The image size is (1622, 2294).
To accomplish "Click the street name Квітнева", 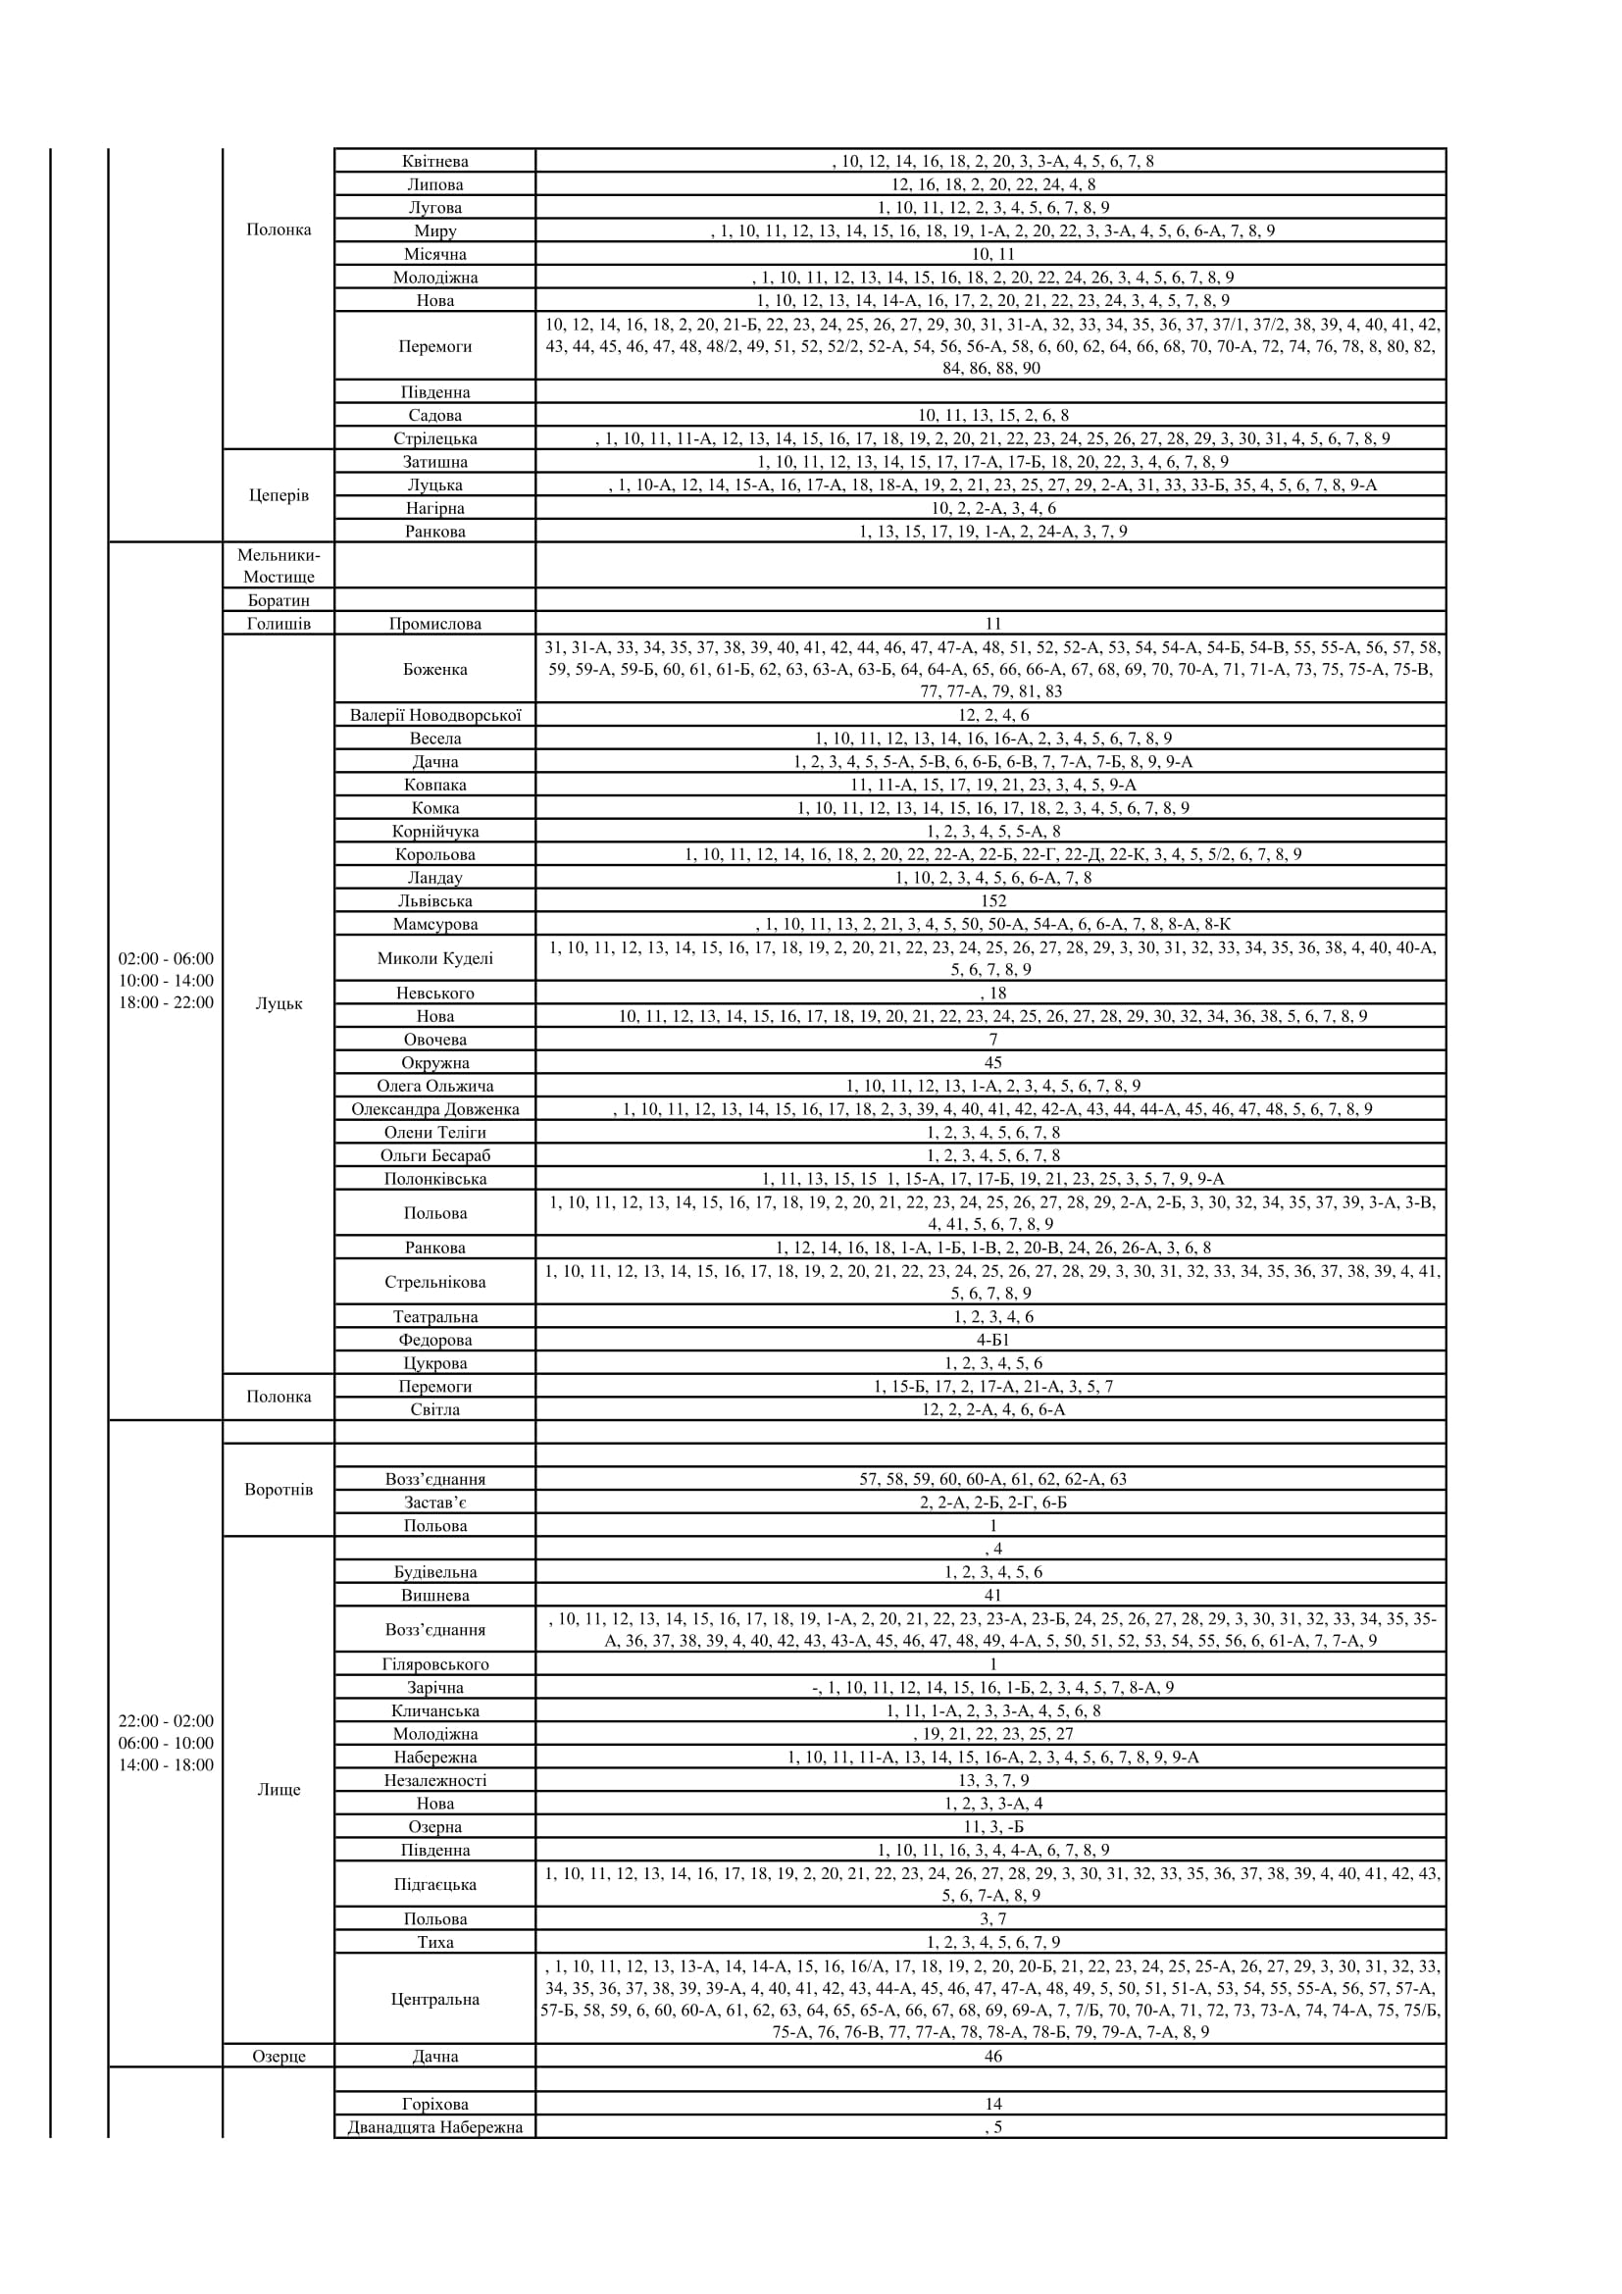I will coord(434,161).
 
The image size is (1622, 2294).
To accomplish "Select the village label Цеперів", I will coord(279,495).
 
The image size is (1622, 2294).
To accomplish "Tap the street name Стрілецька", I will coord(434,438).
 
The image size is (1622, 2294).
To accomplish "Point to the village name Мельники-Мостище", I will coord(279,566).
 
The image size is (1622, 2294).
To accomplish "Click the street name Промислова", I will coord(434,624).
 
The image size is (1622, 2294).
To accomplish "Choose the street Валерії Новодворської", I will coord(434,715).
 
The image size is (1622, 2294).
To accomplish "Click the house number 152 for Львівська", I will coord(991,901).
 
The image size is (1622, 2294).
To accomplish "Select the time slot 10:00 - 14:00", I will coord(166,981).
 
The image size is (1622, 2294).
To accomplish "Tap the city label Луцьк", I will coord(279,1004).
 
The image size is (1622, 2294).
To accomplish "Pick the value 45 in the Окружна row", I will coord(991,1063).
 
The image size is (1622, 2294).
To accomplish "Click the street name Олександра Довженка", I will coord(434,1109).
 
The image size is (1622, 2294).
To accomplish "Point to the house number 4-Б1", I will coord(991,1340).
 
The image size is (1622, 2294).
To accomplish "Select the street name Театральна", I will coord(434,1317).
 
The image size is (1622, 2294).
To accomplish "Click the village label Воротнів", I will coord(279,1490).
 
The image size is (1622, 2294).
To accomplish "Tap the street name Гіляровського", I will coord(434,1664).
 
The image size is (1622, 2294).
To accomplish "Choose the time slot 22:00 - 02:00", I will coord(166,1721).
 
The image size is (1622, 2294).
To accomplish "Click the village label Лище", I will coord(279,1790).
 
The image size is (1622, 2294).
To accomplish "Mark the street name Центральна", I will coord(434,1999).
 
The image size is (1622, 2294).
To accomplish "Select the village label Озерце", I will coord(279,2057).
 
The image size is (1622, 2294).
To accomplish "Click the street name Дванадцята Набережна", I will coord(434,2127).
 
